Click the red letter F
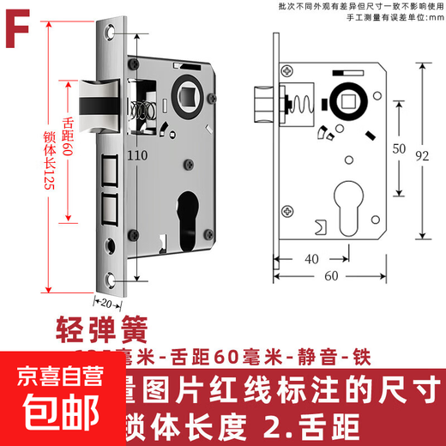pyautogui.click(x=21, y=23)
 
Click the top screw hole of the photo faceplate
pyautogui.click(x=109, y=33)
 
